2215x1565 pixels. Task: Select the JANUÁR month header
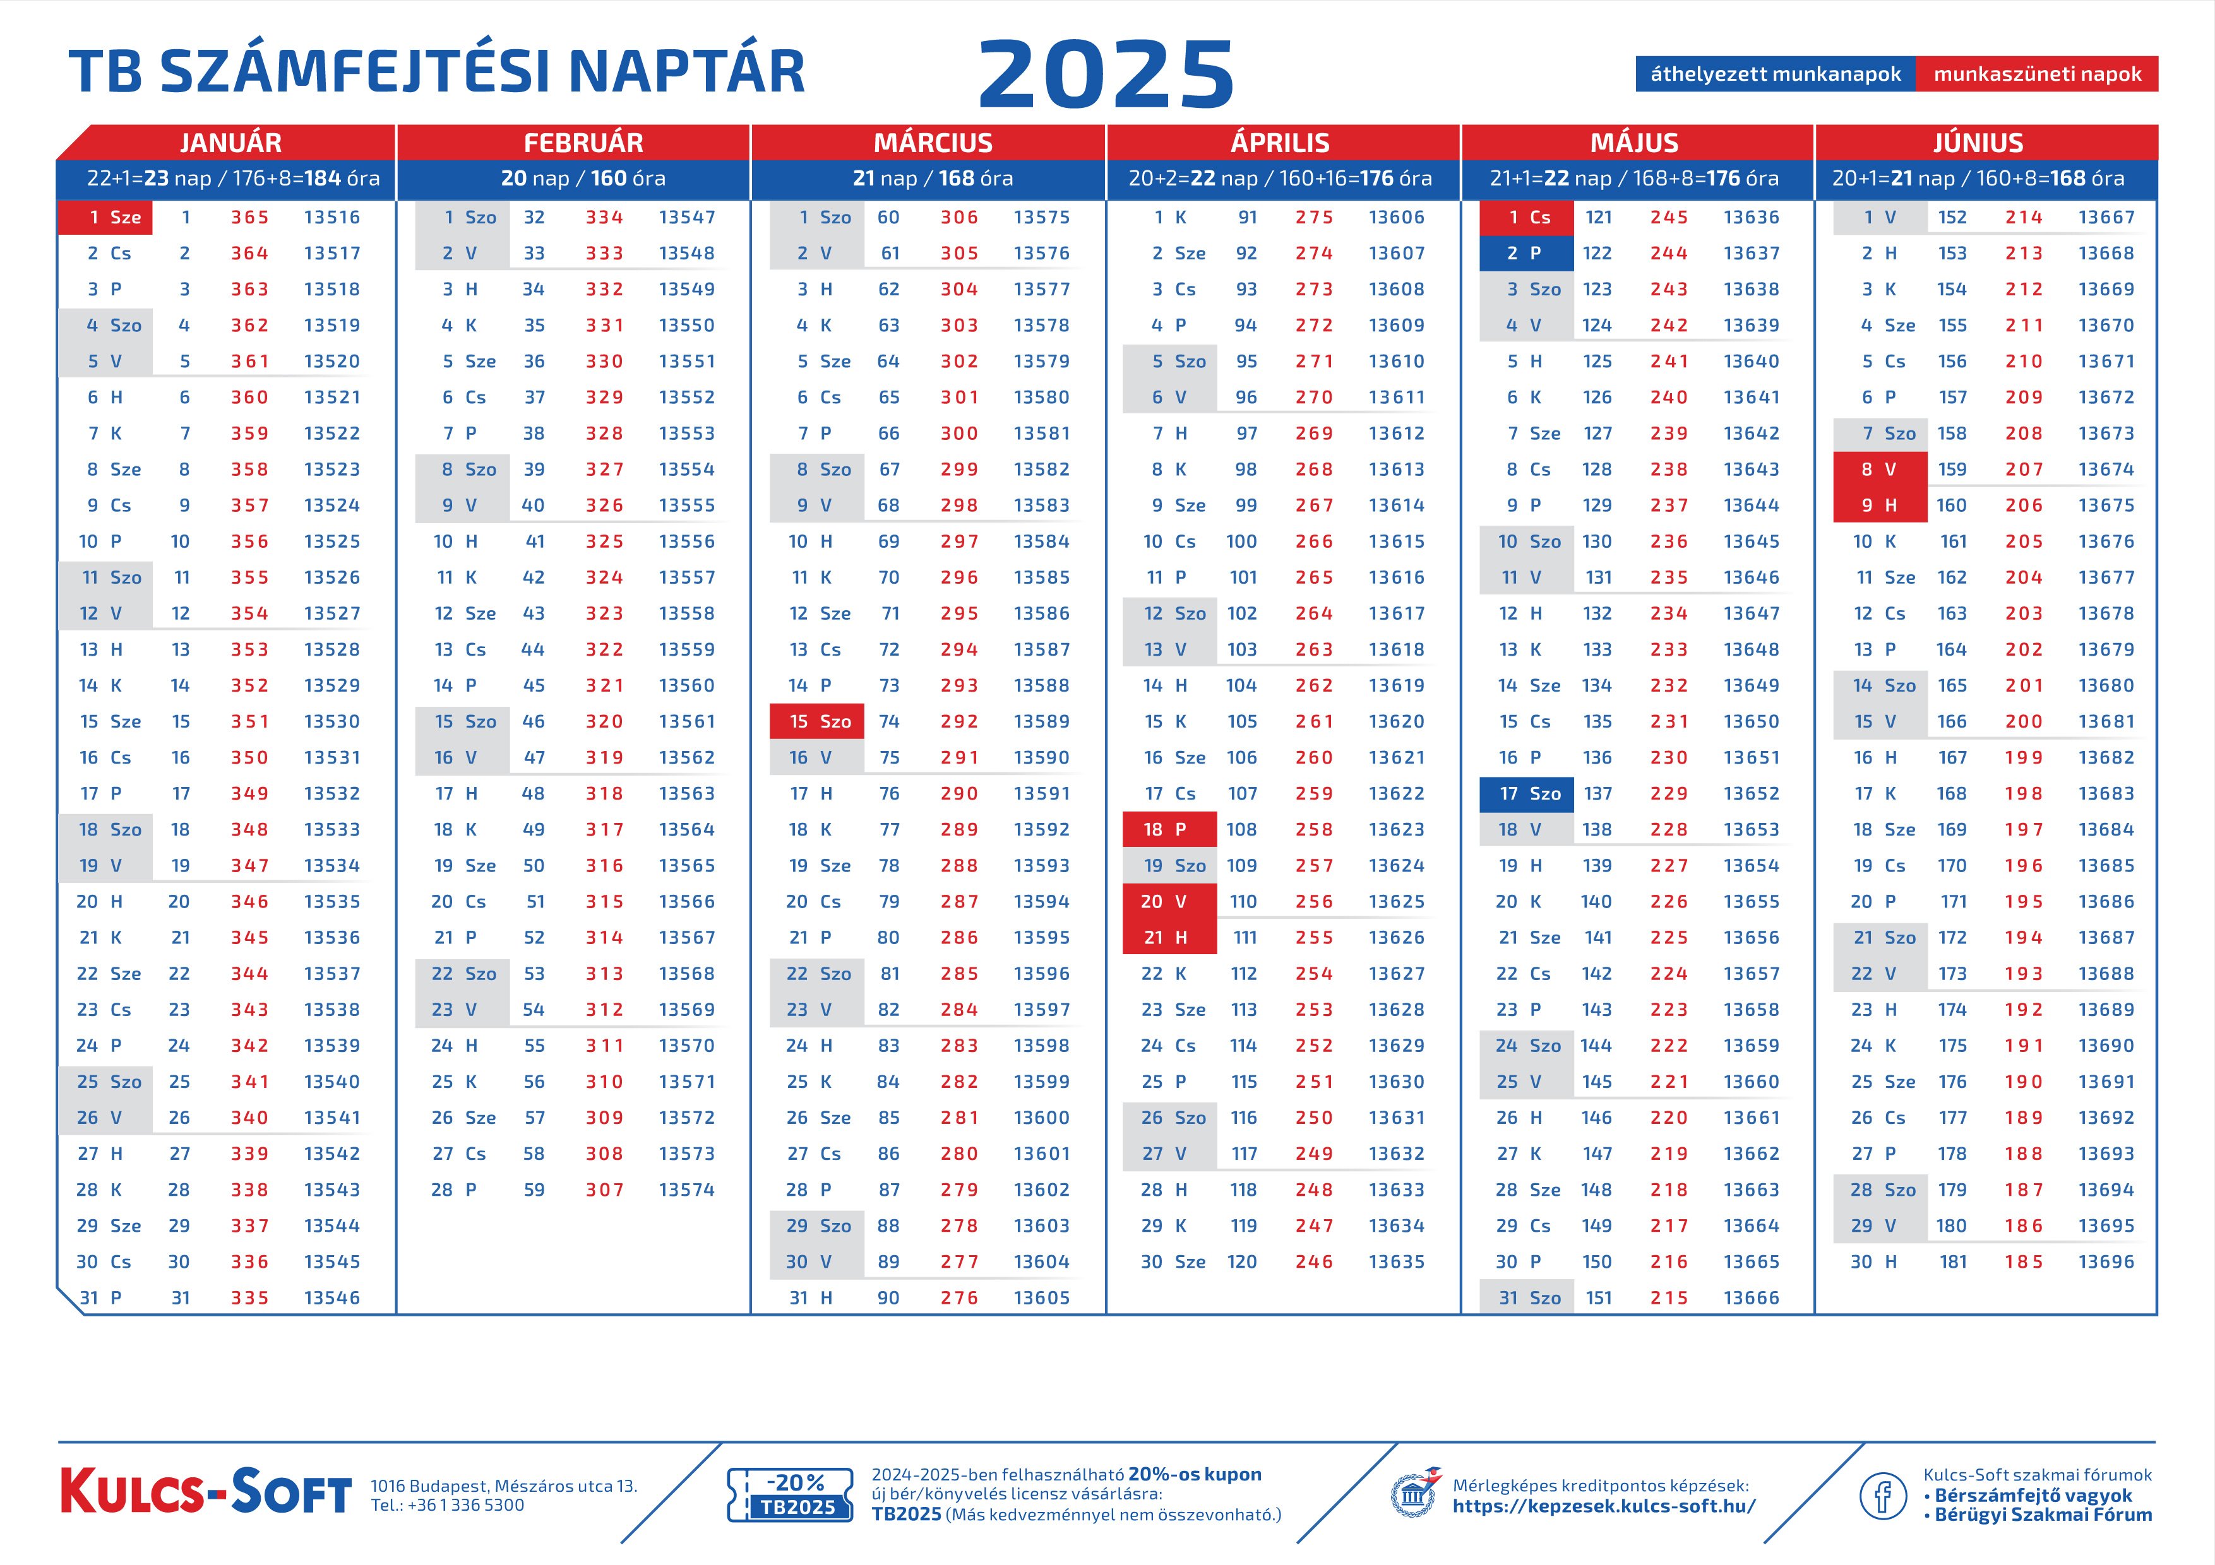230,143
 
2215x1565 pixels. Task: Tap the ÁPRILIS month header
1280,143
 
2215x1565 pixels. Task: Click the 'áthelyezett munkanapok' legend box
1774,74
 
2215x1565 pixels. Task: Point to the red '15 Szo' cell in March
817,721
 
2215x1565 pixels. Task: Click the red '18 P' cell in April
1169,829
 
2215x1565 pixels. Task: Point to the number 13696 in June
2106,1261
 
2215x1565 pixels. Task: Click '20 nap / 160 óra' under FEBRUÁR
583,179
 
